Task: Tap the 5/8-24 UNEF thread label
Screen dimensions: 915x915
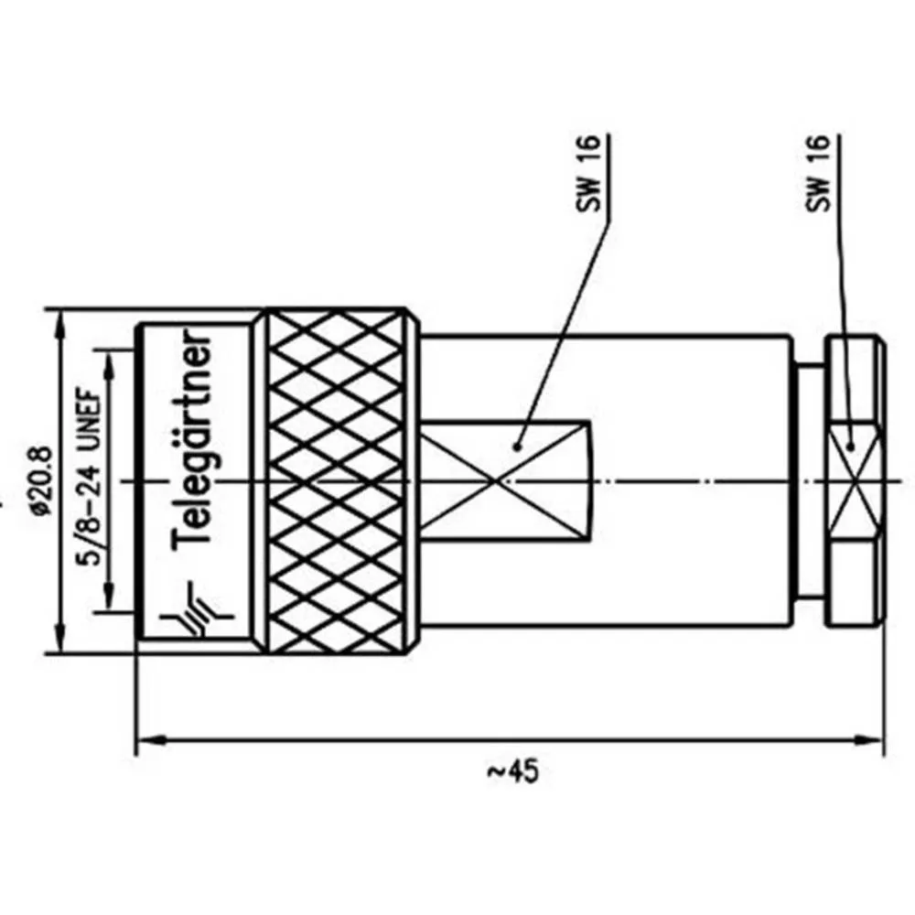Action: point(90,477)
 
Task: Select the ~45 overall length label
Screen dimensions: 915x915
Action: point(513,771)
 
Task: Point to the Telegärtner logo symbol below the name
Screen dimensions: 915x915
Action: point(196,610)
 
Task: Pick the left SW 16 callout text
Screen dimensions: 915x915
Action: point(588,173)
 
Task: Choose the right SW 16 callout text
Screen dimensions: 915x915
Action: point(817,173)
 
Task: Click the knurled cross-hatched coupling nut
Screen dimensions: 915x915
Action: point(337,481)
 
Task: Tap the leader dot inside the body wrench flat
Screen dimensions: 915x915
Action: point(516,447)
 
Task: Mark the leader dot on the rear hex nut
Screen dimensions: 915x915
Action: point(851,447)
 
